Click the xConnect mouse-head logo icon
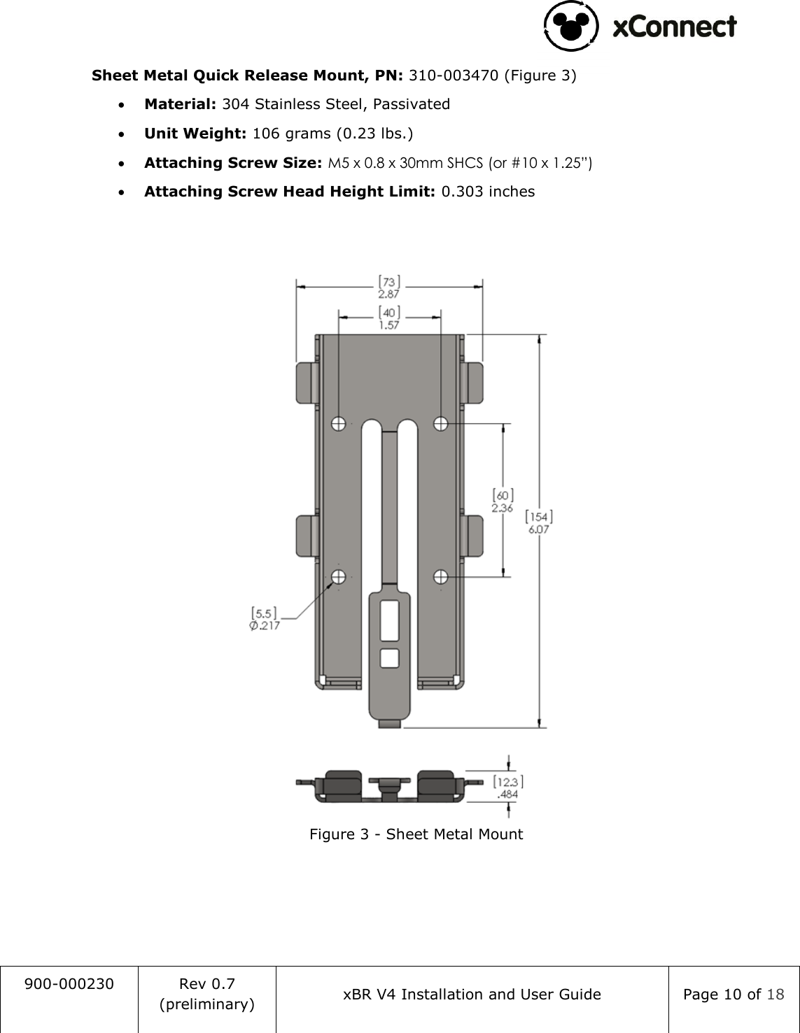pyautogui.click(x=571, y=27)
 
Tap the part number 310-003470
pyautogui.click(x=454, y=76)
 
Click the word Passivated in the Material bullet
pyautogui.click(x=411, y=104)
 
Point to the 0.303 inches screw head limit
pyautogui.click(x=487, y=192)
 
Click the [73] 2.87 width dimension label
pyautogui.click(x=389, y=287)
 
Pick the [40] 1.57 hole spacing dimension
pyautogui.click(x=389, y=318)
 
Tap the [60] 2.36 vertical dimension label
pyautogui.click(x=503, y=501)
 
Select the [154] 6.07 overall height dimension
pyautogui.click(x=539, y=522)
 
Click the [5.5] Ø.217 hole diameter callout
pyautogui.click(x=265, y=619)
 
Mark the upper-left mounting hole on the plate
pyautogui.click(x=339, y=423)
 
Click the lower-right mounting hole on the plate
pyautogui.click(x=441, y=577)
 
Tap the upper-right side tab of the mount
pyautogui.click(x=473, y=383)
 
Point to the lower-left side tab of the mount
pyautogui.click(x=307, y=536)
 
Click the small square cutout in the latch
pyautogui.click(x=389, y=657)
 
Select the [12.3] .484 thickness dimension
pyautogui.click(x=508, y=788)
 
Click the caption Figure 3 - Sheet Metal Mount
pyautogui.click(x=416, y=834)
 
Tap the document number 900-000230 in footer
pyautogui.click(x=69, y=984)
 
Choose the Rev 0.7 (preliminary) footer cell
pyautogui.click(x=207, y=994)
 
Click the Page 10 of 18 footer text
pyautogui.click(x=734, y=995)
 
